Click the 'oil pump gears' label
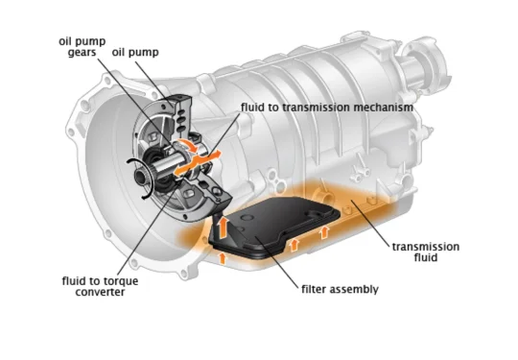point(82,47)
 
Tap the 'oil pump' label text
point(135,52)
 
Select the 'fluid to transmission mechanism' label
point(327,108)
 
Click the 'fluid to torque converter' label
point(100,287)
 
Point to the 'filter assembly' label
point(340,289)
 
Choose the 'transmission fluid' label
point(426,252)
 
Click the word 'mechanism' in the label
point(383,108)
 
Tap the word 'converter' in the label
point(100,292)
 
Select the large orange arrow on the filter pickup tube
point(224,228)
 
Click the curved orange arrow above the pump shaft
point(188,145)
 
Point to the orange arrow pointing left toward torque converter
point(182,168)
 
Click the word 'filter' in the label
point(315,289)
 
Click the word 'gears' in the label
point(82,53)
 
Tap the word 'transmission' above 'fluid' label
point(426,247)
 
